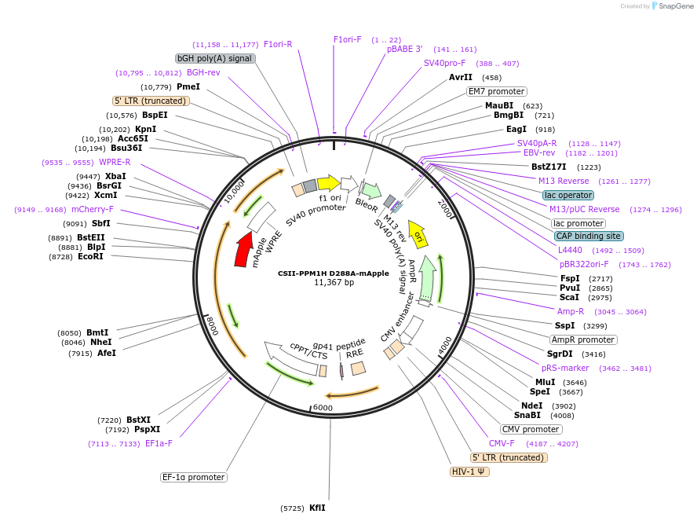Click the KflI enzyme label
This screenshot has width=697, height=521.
tap(317, 508)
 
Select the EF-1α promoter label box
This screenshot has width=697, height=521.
tap(194, 477)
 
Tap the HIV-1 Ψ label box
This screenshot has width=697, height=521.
tap(469, 472)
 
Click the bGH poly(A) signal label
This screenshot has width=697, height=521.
tap(215, 58)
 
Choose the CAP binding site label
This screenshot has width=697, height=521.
tap(589, 236)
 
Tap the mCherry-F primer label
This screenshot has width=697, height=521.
tap(93, 210)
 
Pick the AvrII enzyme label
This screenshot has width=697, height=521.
tap(461, 78)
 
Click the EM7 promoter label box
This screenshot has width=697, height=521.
tap(496, 91)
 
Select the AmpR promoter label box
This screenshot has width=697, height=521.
tap(582, 339)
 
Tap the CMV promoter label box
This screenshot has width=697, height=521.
tap(531, 429)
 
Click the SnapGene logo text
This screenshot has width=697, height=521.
tap(675, 6)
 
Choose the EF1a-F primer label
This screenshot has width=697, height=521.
tap(159, 443)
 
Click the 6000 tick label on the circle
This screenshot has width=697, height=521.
tap(323, 408)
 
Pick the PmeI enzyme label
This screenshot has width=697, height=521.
tap(188, 86)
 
